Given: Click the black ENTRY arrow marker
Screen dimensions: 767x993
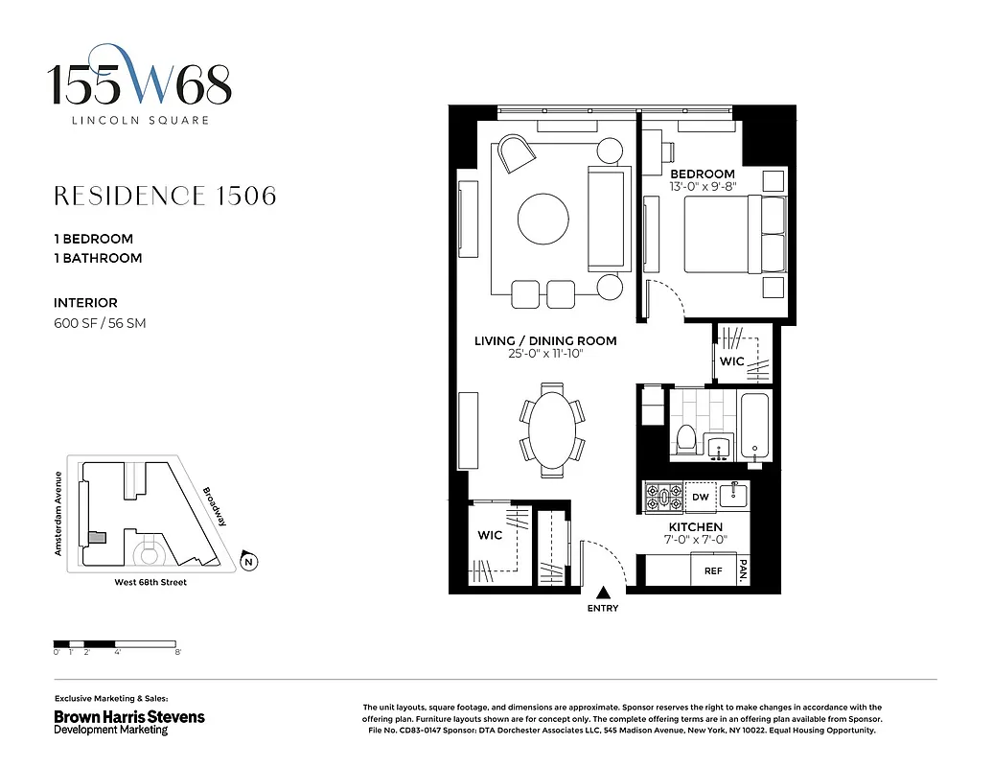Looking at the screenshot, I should pos(604,593).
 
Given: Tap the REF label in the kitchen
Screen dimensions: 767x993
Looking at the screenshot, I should pos(712,570).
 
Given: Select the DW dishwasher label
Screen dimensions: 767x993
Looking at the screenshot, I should pos(700,497).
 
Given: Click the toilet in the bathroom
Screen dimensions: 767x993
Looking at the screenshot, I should pos(685,439).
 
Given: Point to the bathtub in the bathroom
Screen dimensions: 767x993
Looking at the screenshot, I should pos(754,427).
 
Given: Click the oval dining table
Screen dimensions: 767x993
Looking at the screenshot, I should pos(551,430).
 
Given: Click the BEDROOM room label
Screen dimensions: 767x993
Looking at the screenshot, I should pos(702,174).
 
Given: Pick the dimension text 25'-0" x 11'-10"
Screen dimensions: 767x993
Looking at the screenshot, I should pos(545,355).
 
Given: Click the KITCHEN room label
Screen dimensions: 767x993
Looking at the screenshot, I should pos(695,527).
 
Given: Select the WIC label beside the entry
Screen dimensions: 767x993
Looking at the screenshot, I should pos(490,536).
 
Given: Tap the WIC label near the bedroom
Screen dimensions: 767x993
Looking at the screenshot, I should pos(732,361).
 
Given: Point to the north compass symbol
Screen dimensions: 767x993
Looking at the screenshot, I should pos(248,562).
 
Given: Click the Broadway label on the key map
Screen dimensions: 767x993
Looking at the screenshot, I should pos(215,506).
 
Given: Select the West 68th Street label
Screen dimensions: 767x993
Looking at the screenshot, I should pos(150,583).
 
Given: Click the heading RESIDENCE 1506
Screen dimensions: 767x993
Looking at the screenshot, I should pos(165,197).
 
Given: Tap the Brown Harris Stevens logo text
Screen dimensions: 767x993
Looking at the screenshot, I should pos(128,716).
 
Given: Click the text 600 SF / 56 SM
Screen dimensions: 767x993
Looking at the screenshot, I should pos(100,323).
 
